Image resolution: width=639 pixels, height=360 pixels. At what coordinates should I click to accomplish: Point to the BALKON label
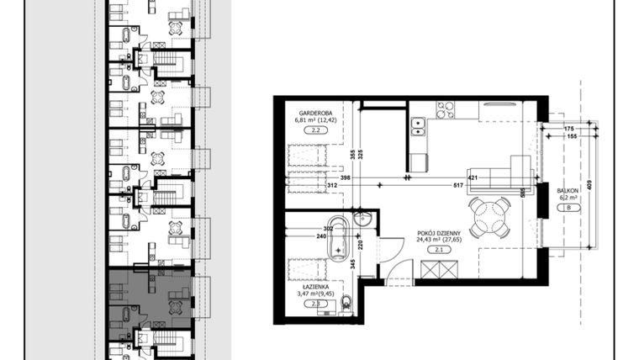(568, 192)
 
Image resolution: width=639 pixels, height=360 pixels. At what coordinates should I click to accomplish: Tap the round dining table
(489, 218)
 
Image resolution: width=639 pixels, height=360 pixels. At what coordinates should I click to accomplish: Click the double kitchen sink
(416, 127)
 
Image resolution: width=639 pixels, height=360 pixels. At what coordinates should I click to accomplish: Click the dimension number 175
(569, 128)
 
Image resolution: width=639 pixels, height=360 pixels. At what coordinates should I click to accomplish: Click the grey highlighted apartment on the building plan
(150, 299)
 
